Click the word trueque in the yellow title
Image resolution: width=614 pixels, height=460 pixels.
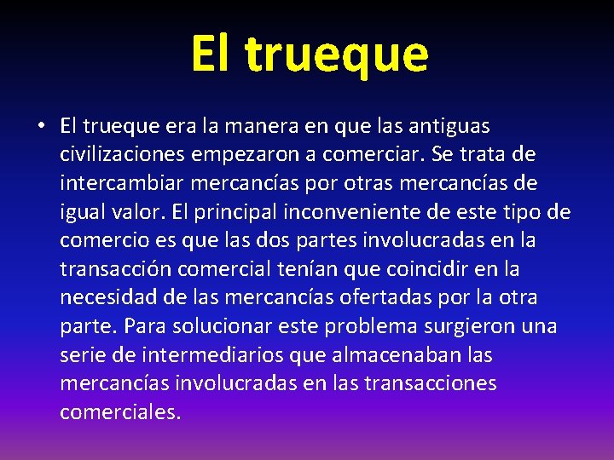coord(337,55)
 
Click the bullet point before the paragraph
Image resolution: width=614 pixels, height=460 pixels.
coord(40,127)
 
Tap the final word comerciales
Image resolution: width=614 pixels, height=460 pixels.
coord(120,412)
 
